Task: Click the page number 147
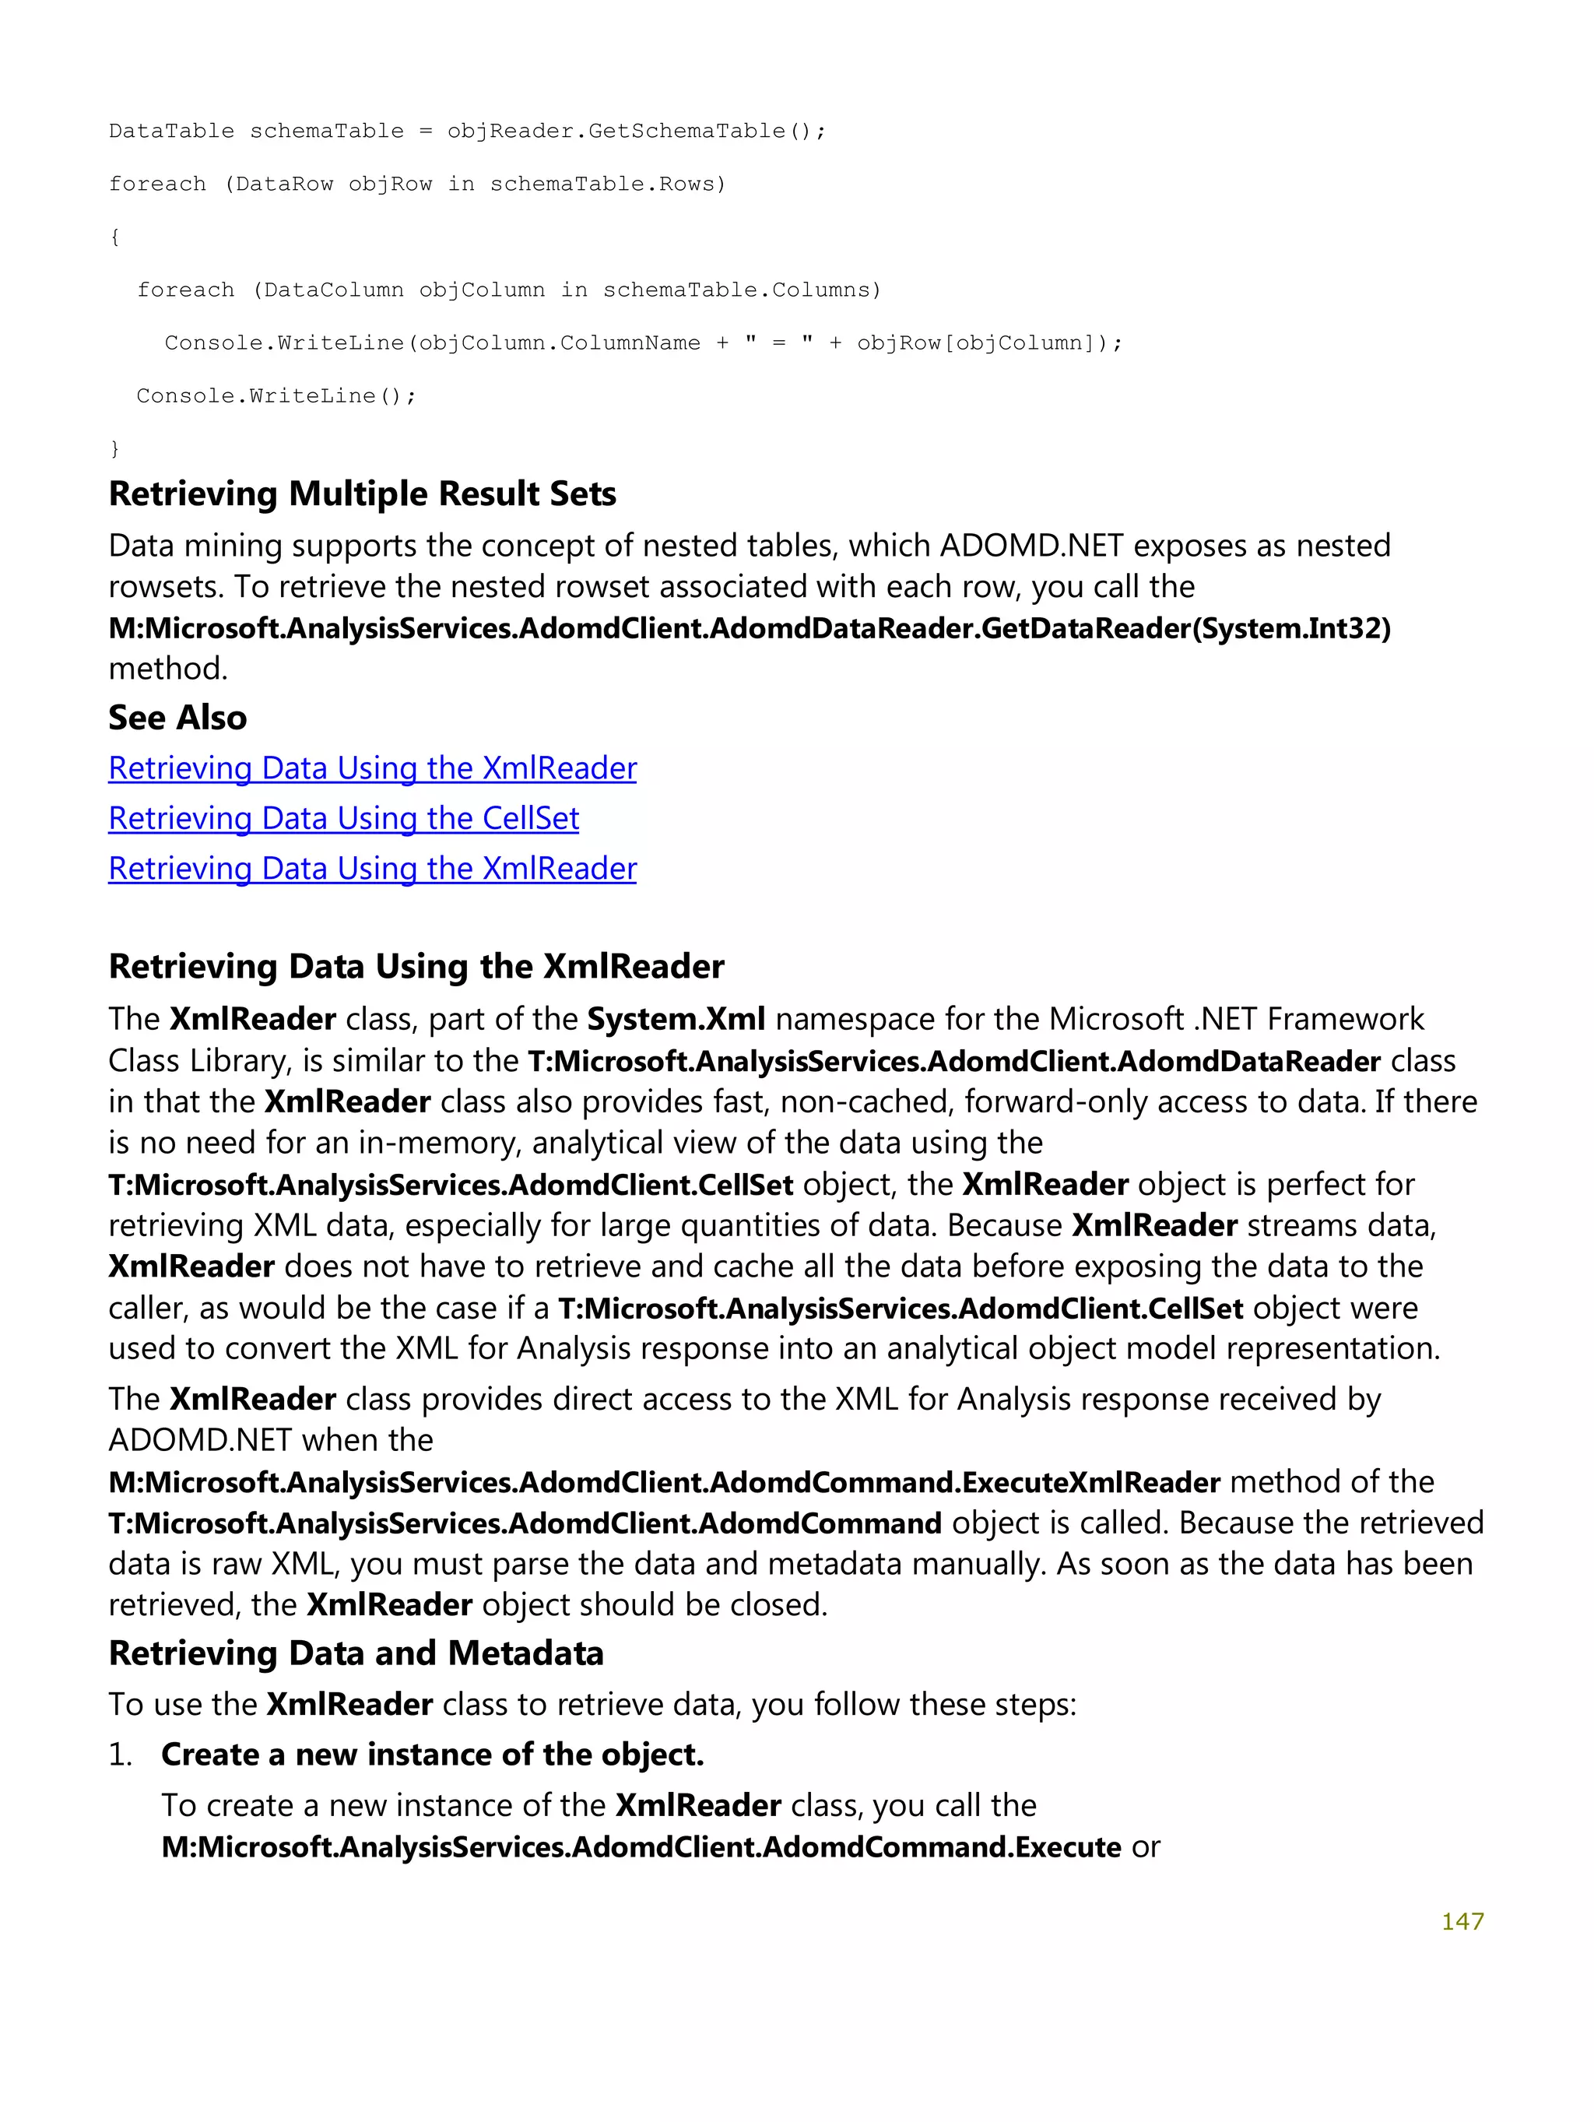point(1462,1920)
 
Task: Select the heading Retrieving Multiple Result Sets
point(362,494)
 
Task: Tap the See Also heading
point(177,718)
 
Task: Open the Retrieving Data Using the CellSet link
point(343,818)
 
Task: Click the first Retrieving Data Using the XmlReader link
point(372,768)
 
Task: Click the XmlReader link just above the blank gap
point(372,868)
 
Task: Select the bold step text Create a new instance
point(432,1755)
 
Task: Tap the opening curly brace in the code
point(115,237)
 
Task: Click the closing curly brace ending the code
point(115,448)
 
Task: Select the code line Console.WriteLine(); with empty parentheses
point(276,395)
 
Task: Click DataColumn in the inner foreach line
point(333,290)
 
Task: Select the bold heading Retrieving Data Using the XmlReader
point(416,967)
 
